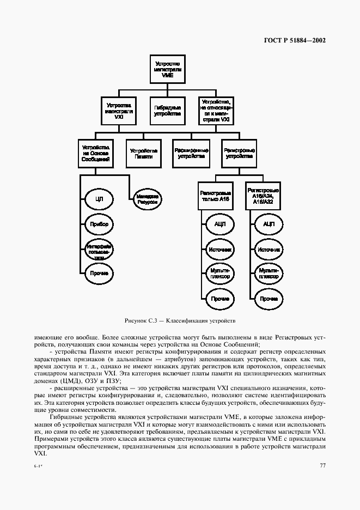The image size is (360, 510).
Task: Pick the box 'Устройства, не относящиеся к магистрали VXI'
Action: (216, 111)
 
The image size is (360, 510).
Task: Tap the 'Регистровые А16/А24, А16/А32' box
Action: (264, 196)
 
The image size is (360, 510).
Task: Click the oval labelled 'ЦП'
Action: (99, 200)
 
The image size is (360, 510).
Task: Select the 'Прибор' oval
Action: (99, 224)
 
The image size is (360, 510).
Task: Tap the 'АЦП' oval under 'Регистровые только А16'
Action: (219, 224)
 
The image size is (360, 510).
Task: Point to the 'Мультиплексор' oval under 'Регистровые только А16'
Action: (219, 273)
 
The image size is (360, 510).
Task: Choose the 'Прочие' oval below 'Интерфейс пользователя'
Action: (99, 273)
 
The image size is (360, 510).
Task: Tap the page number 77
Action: (322, 465)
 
